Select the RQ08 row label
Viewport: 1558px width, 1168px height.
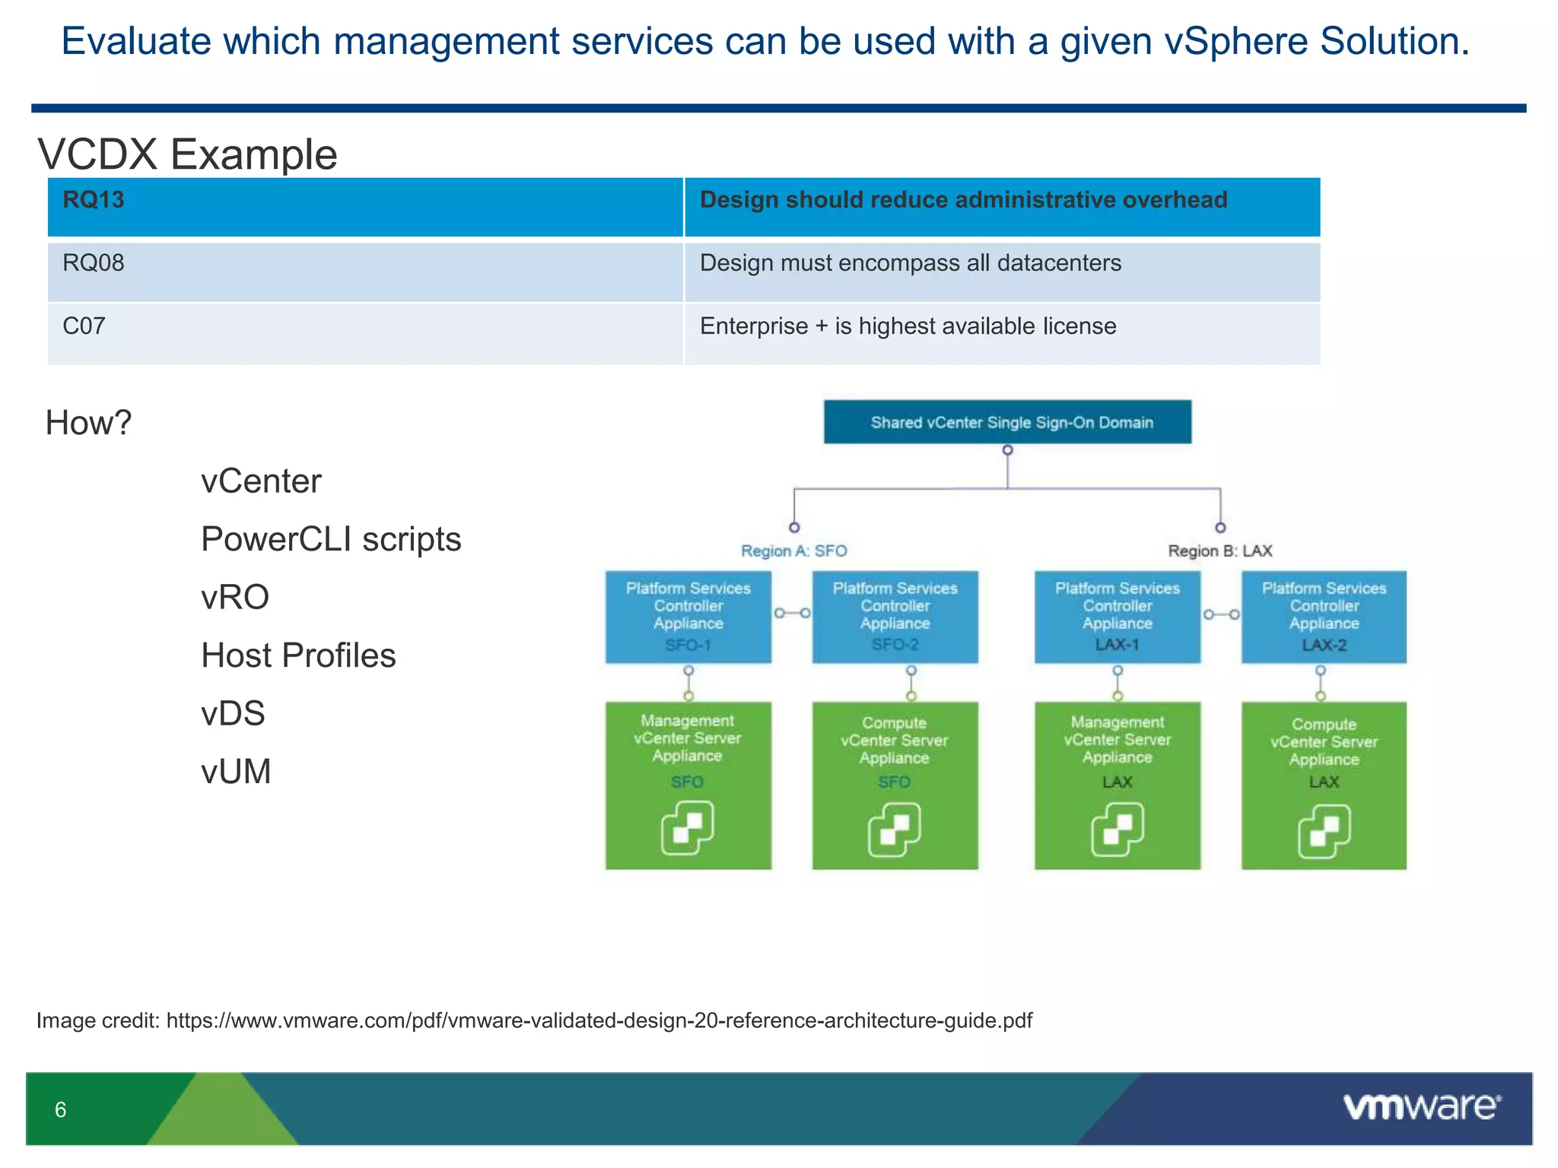click(x=93, y=263)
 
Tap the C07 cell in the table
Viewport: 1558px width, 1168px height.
click(x=84, y=326)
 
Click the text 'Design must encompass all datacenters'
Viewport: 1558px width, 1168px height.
click(x=910, y=263)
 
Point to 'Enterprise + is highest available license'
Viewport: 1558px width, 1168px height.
click(x=908, y=326)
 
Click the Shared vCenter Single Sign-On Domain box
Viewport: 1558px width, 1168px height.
click(x=1007, y=422)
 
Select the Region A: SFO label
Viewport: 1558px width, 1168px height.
click(x=793, y=551)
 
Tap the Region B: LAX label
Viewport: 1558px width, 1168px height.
click(x=1219, y=551)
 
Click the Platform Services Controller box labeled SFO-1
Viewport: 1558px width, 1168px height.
click(x=688, y=617)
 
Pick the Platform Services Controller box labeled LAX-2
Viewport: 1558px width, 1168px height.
click(x=1324, y=617)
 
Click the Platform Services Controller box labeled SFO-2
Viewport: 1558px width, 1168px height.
click(x=895, y=617)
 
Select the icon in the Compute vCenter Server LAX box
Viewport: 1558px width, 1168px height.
click(x=1324, y=830)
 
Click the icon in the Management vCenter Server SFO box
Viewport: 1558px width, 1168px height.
click(x=688, y=827)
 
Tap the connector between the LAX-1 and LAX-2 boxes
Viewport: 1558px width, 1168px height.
click(x=1221, y=614)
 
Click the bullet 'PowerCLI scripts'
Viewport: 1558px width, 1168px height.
click(x=331, y=539)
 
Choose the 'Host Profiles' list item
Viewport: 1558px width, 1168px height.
click(x=298, y=655)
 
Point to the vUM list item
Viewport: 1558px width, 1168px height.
click(x=236, y=772)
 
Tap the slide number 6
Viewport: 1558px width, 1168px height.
click(x=61, y=1109)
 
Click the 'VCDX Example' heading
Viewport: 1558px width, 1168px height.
click(x=187, y=154)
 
